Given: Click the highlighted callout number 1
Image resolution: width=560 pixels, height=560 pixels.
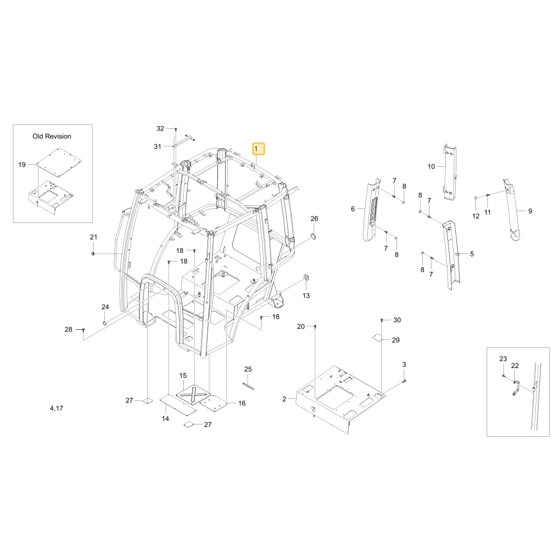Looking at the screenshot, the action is point(259,148).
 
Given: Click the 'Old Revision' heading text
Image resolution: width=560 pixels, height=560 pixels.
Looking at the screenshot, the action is point(52,136).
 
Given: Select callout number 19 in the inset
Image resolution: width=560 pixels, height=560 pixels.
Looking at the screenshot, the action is point(22,165).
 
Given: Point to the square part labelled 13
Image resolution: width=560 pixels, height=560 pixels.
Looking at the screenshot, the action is point(306,278).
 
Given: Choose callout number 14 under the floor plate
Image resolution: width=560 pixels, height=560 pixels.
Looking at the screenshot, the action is point(165,418).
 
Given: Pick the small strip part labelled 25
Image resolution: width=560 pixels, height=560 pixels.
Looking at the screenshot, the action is point(248,386).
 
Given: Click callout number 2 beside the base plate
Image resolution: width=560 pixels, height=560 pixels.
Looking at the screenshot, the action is point(284,399).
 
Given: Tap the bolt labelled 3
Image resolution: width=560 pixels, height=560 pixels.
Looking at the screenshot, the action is point(404,381).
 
